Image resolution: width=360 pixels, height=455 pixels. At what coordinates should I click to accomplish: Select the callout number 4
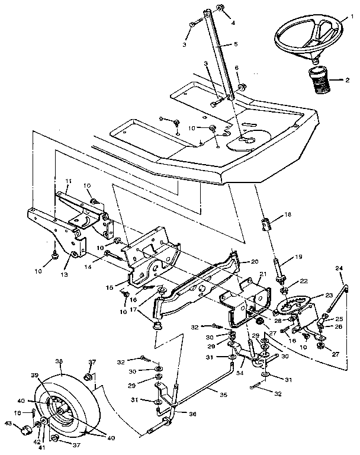(x=233, y=23)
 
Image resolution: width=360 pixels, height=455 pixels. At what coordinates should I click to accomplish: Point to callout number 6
(x=236, y=68)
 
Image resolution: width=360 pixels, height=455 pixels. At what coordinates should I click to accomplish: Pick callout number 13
(x=63, y=275)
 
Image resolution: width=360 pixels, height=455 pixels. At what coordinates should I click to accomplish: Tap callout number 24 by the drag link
(x=339, y=268)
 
